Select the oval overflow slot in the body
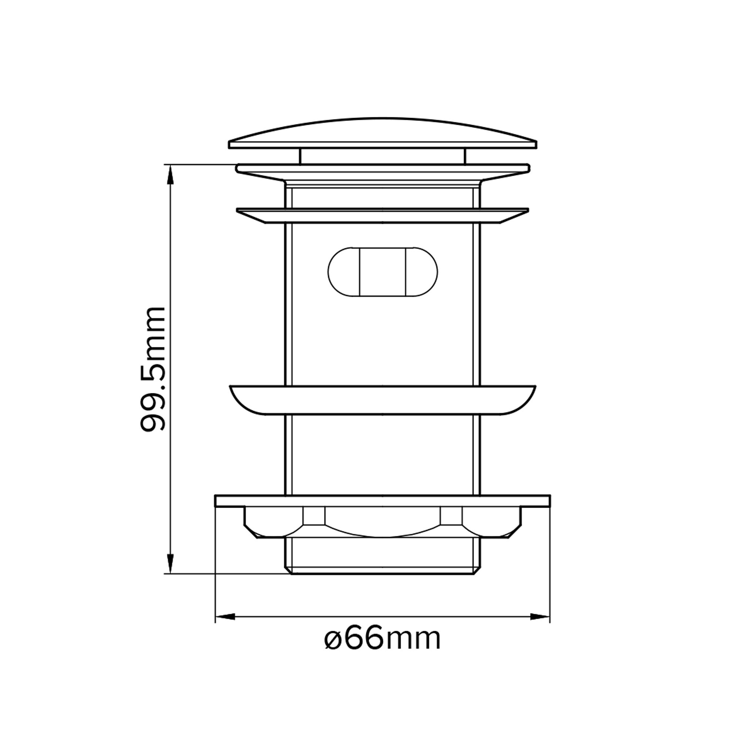click(382, 272)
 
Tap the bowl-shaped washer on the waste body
click(382, 400)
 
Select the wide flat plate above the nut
click(382, 501)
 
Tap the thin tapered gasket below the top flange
click(382, 215)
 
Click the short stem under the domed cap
click(382, 156)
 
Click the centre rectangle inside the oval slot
click(382, 272)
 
